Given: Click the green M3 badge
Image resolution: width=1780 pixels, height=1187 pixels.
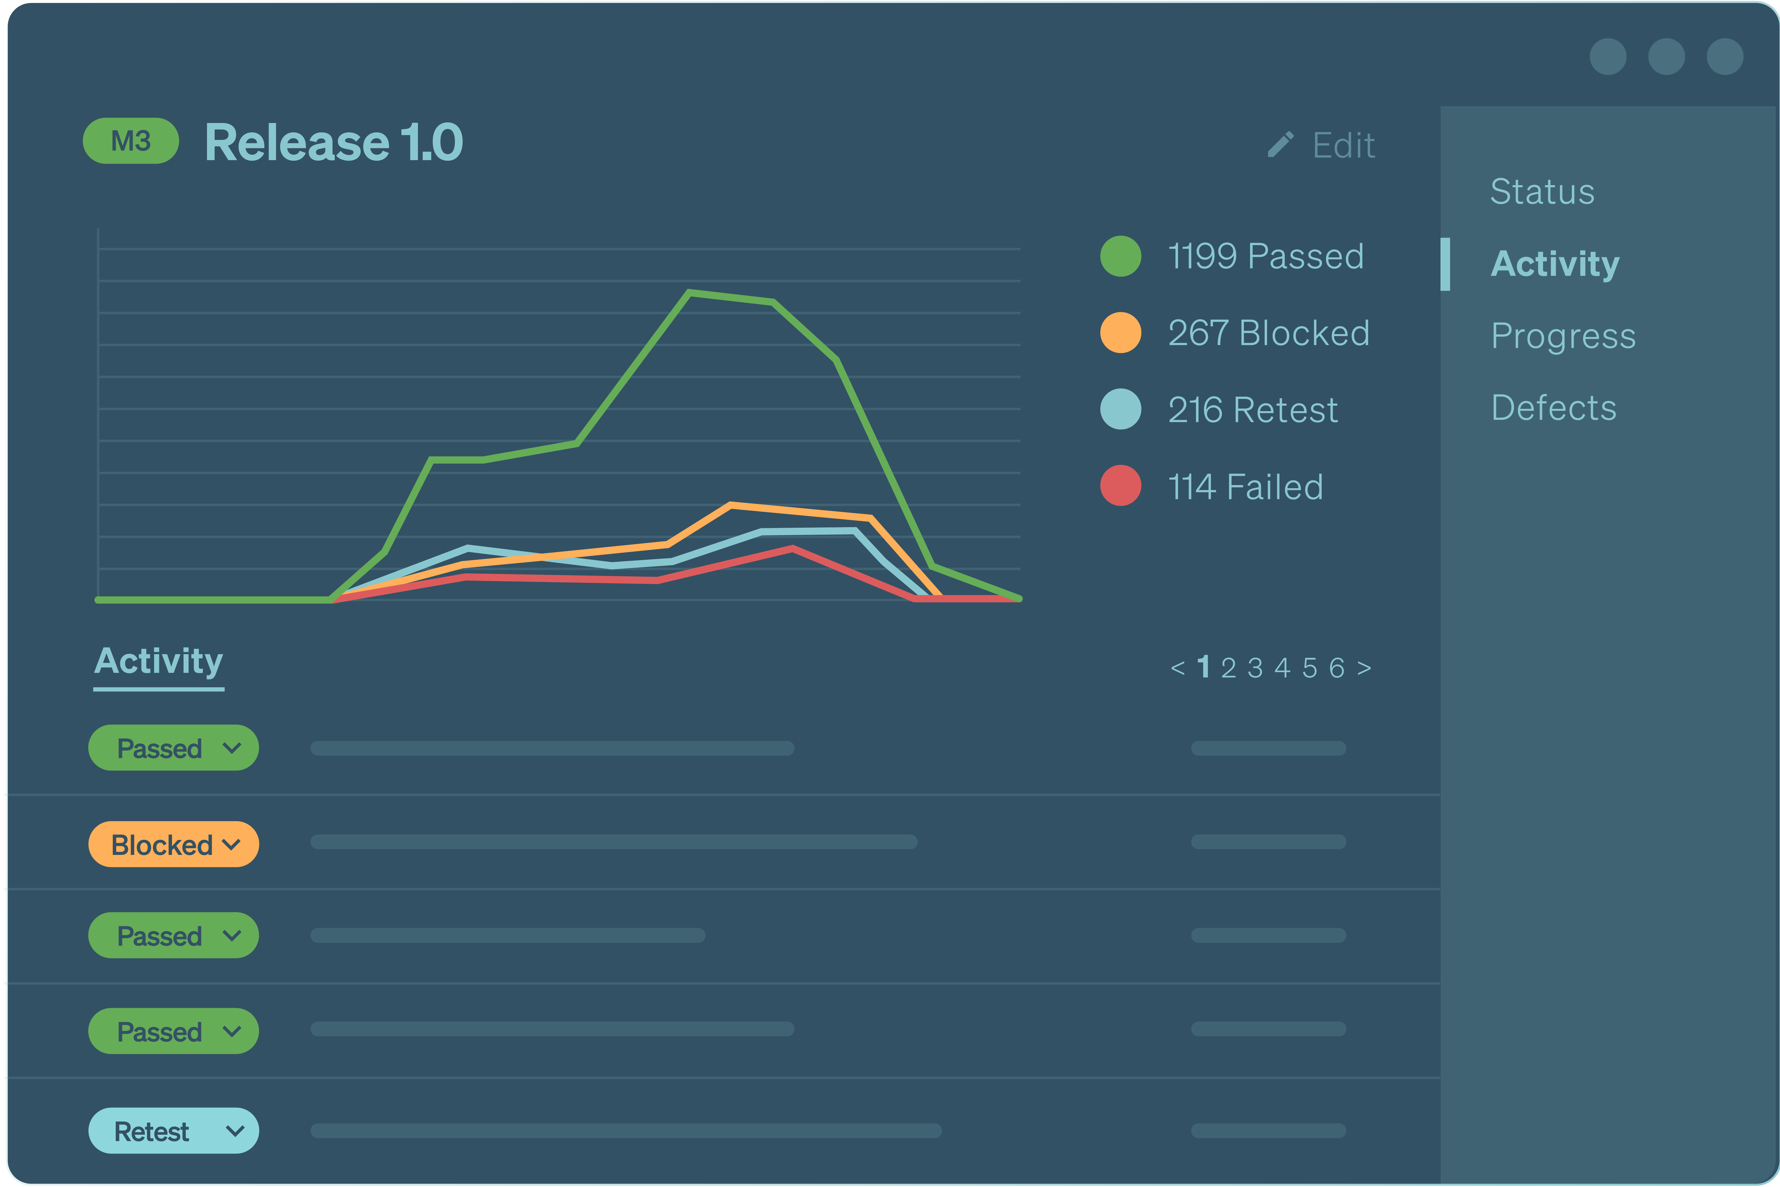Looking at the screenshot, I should point(130,141).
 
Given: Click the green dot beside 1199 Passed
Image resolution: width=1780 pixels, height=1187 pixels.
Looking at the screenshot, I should point(1121,256).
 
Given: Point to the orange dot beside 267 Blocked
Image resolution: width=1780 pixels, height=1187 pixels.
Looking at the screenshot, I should point(1121,332).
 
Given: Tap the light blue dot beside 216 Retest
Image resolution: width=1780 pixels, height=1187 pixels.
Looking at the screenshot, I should point(1121,409).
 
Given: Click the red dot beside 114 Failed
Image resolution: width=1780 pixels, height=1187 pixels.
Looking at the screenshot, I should point(1121,485).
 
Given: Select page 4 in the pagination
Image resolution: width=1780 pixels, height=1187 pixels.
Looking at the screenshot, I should point(1282,668).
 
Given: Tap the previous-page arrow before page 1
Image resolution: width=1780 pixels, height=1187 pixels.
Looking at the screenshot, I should point(1177,668).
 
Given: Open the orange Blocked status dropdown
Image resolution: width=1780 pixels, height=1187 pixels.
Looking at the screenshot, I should point(173,844).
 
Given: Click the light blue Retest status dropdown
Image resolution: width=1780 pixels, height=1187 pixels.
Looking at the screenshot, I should point(173,1131).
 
